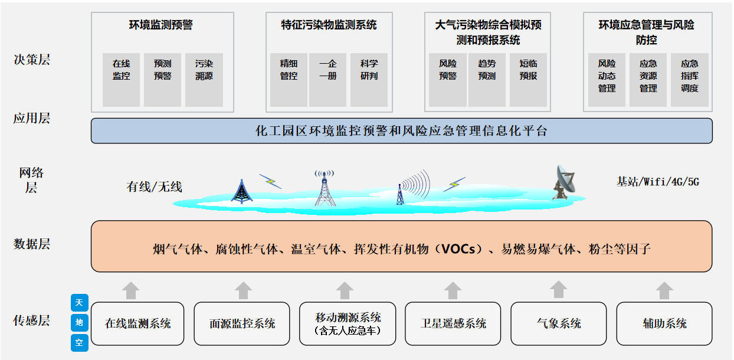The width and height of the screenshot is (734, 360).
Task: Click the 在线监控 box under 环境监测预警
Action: pyautogui.click(x=121, y=80)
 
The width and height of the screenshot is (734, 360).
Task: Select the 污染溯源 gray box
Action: pyautogui.click(x=204, y=80)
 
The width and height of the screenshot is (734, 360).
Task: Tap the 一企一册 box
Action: pyautogui.click(x=327, y=80)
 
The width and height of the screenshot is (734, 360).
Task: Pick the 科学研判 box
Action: pyautogui.click(x=369, y=80)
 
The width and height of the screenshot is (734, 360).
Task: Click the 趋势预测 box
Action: pyautogui.click(x=487, y=80)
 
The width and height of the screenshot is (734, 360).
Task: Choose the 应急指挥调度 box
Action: pyautogui.click(x=689, y=80)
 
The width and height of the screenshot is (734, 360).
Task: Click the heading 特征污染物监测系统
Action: pyautogui.click(x=329, y=25)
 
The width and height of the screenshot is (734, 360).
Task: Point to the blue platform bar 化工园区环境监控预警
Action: pyautogui.click(x=401, y=131)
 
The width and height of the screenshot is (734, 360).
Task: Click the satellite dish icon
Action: pyautogui.click(x=564, y=181)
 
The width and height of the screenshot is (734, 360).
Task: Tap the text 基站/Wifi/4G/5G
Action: pyautogui.click(x=657, y=182)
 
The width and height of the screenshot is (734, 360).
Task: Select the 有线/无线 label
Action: pyautogui.click(x=155, y=187)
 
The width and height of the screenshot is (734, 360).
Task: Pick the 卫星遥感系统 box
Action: pyautogui.click(x=453, y=323)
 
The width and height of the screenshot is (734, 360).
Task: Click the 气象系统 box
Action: pyautogui.click(x=558, y=323)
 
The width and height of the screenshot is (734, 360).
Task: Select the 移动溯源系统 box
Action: pyautogui.click(x=348, y=323)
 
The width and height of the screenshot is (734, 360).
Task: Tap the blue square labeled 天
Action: pyautogui.click(x=79, y=303)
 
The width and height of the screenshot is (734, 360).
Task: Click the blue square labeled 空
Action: pyautogui.click(x=79, y=342)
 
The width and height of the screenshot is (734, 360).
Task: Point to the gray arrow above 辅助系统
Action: pyautogui.click(x=664, y=290)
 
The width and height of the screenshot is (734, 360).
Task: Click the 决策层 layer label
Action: pyautogui.click(x=32, y=60)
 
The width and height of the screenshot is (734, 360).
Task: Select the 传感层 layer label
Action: pyautogui.click(x=32, y=320)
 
